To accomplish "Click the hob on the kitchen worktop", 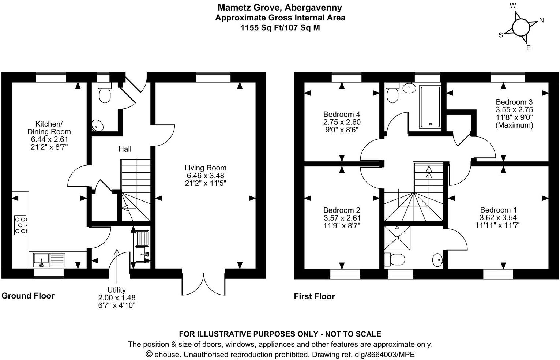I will (20, 225).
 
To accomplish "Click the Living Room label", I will (205, 168).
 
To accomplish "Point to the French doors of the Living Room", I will (203, 283).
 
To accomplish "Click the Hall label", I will (125, 149).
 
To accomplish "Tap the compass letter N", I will (541, 20).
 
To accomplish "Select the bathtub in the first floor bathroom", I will (430, 107).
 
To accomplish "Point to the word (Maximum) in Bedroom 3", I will (514, 125).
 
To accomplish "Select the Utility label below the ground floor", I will (116, 290).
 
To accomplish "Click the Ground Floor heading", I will (28, 296).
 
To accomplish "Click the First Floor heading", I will (314, 296).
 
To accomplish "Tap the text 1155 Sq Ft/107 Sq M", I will (280, 27).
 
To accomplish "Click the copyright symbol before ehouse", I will (149, 354).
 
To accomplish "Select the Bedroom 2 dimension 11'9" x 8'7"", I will (342, 226).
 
